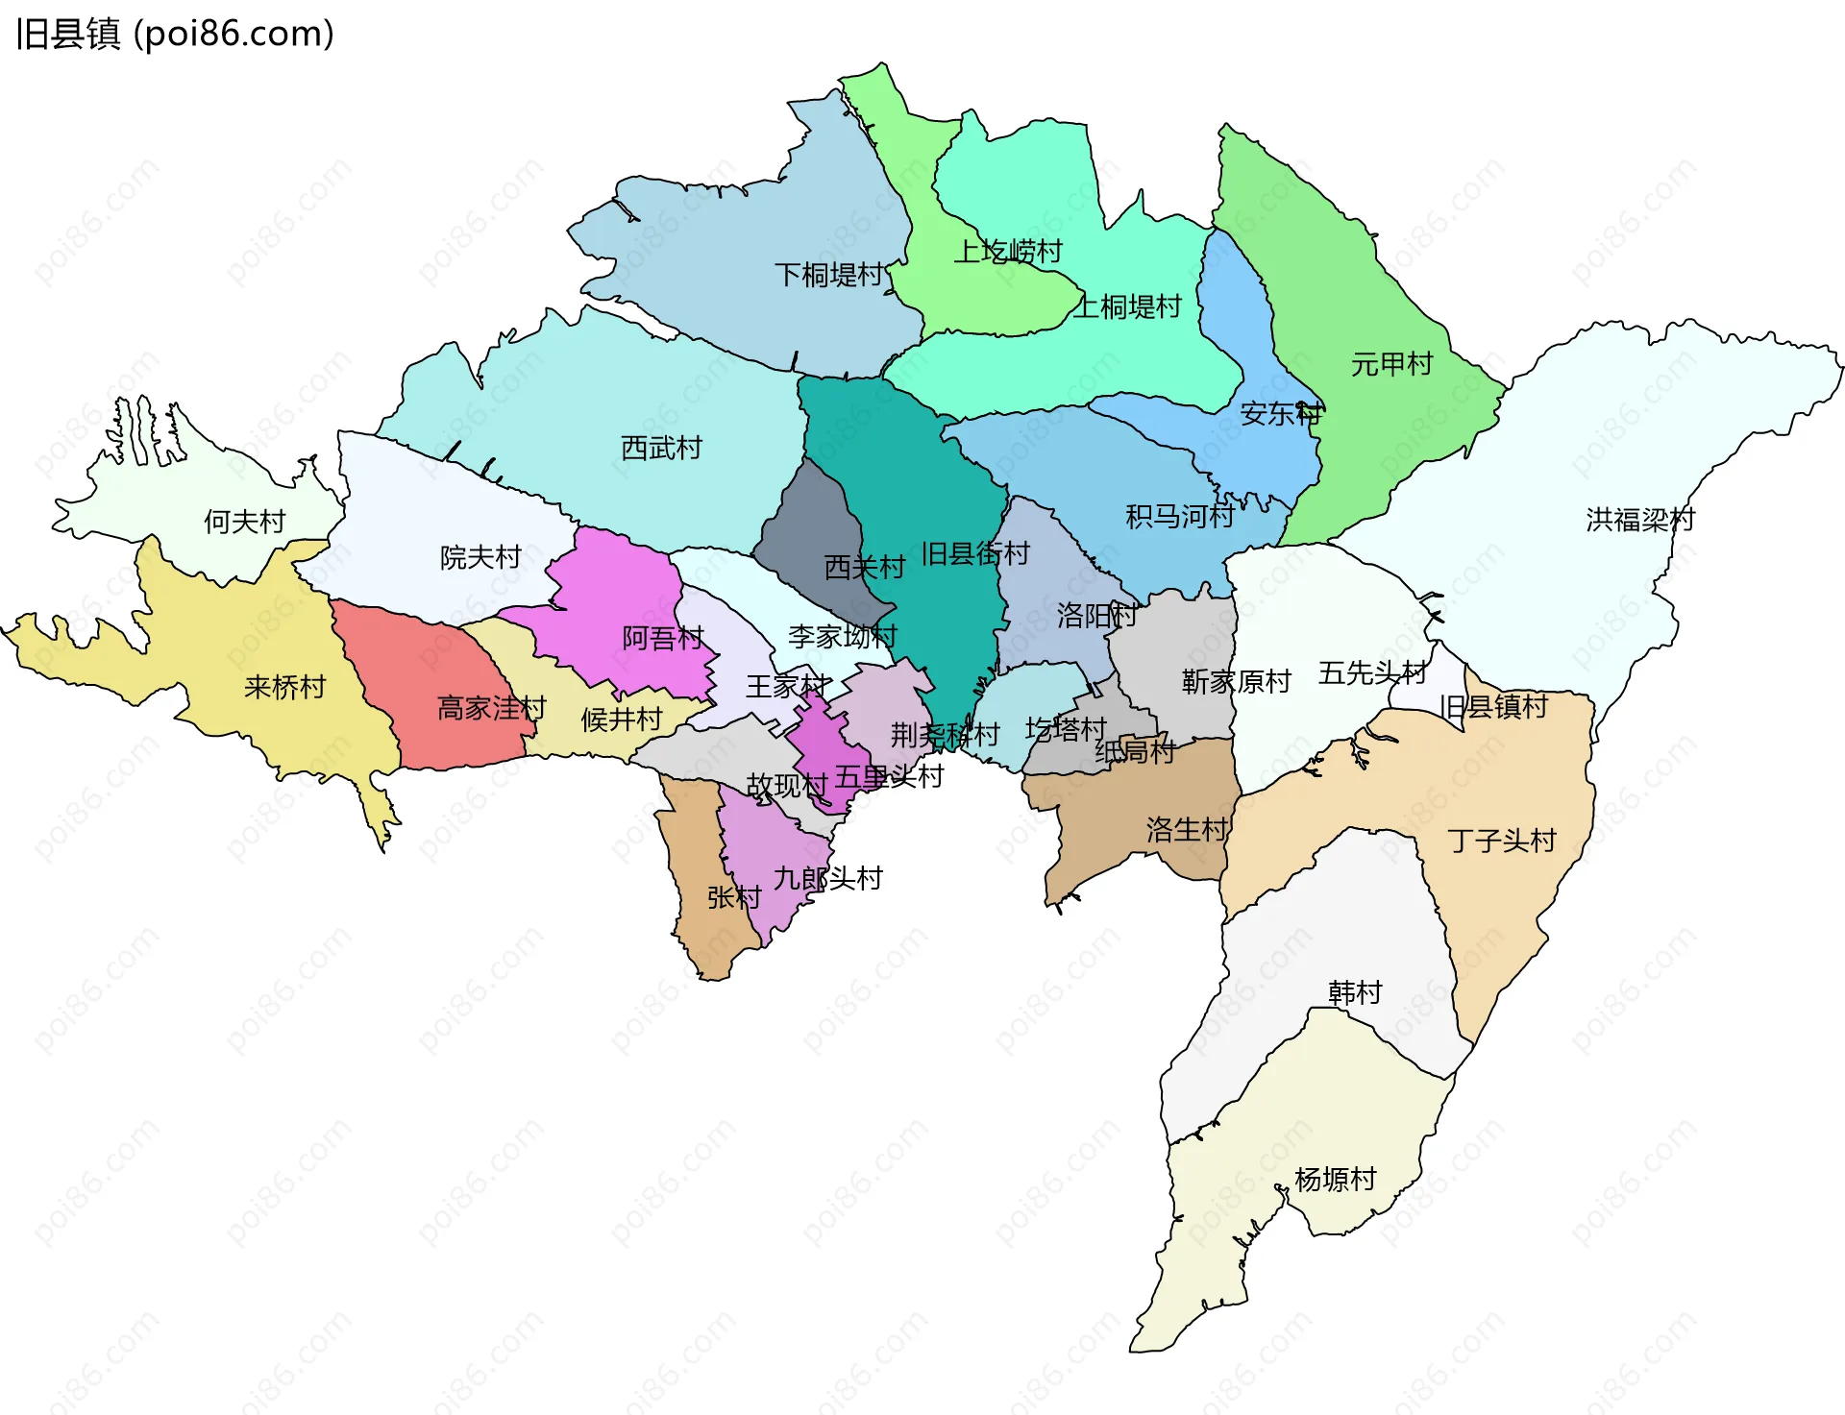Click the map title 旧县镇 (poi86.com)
click(175, 34)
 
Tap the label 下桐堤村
click(828, 276)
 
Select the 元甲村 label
click(1391, 364)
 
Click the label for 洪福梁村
click(1640, 520)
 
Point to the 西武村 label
click(661, 448)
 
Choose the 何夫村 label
click(244, 522)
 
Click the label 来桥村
click(284, 687)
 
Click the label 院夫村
click(480, 557)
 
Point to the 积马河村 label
click(1180, 517)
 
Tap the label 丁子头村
click(1501, 841)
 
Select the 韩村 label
click(1355, 992)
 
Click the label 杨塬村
click(1335, 1179)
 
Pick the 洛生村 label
click(1187, 829)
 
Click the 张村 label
click(734, 897)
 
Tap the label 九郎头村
click(827, 878)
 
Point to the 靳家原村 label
click(1236, 682)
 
